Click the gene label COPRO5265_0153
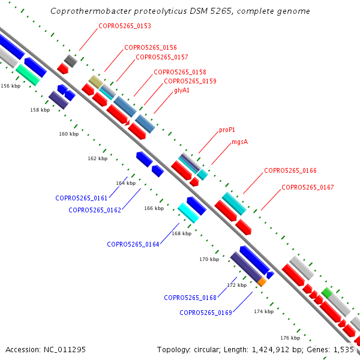125,26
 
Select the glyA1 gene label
182,90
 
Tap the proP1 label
227,130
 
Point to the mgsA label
239,142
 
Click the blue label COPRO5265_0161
81,198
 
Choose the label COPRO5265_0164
133,244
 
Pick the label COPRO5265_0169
206,313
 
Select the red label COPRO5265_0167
308,187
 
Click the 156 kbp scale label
11,86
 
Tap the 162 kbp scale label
98,158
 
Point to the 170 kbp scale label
209,259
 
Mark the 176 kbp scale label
290,338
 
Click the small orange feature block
262,282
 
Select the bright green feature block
327,293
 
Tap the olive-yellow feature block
96,82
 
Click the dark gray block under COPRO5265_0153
71,61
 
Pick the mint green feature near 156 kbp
28,75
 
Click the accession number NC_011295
65,350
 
